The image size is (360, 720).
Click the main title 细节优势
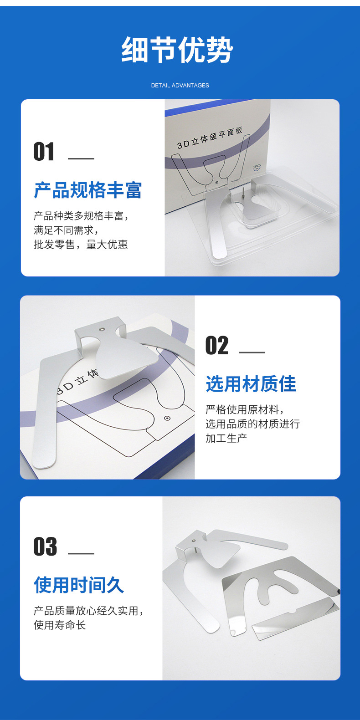(x=177, y=50)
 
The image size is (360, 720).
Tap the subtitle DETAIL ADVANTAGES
(x=180, y=86)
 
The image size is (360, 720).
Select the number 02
(x=217, y=345)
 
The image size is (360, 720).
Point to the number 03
(x=46, y=546)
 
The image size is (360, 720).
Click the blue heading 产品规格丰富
(x=88, y=190)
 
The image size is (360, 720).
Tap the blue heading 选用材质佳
(x=251, y=384)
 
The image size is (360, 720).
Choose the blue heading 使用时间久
(x=79, y=585)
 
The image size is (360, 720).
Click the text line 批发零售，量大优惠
(x=81, y=245)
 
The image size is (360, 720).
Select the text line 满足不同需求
(x=66, y=230)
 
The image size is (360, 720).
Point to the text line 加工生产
(x=226, y=438)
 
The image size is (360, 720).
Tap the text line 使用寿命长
(x=60, y=625)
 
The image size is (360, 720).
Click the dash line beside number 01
(x=81, y=158)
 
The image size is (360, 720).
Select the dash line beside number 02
(x=252, y=352)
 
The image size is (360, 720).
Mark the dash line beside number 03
(x=81, y=553)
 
